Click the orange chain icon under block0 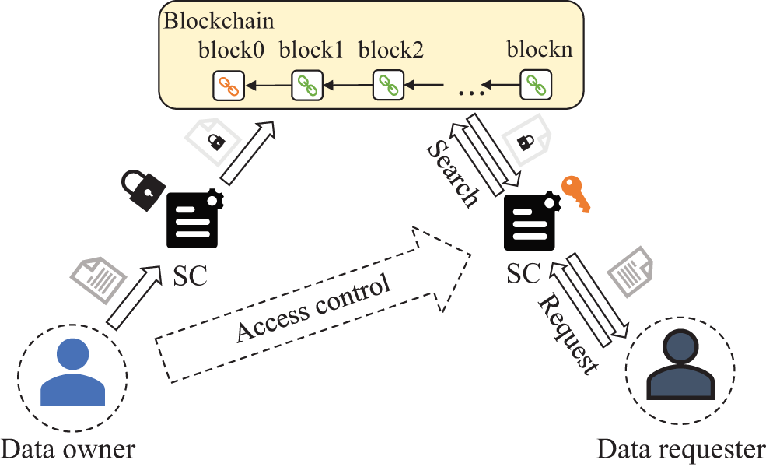pos(229,85)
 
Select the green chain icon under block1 pos(306,85)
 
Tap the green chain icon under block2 pos(387,84)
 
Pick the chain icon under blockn pos(535,84)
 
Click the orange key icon pos(576,195)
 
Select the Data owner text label pos(68,449)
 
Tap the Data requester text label pos(681,450)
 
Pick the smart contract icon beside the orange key pos(530,223)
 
